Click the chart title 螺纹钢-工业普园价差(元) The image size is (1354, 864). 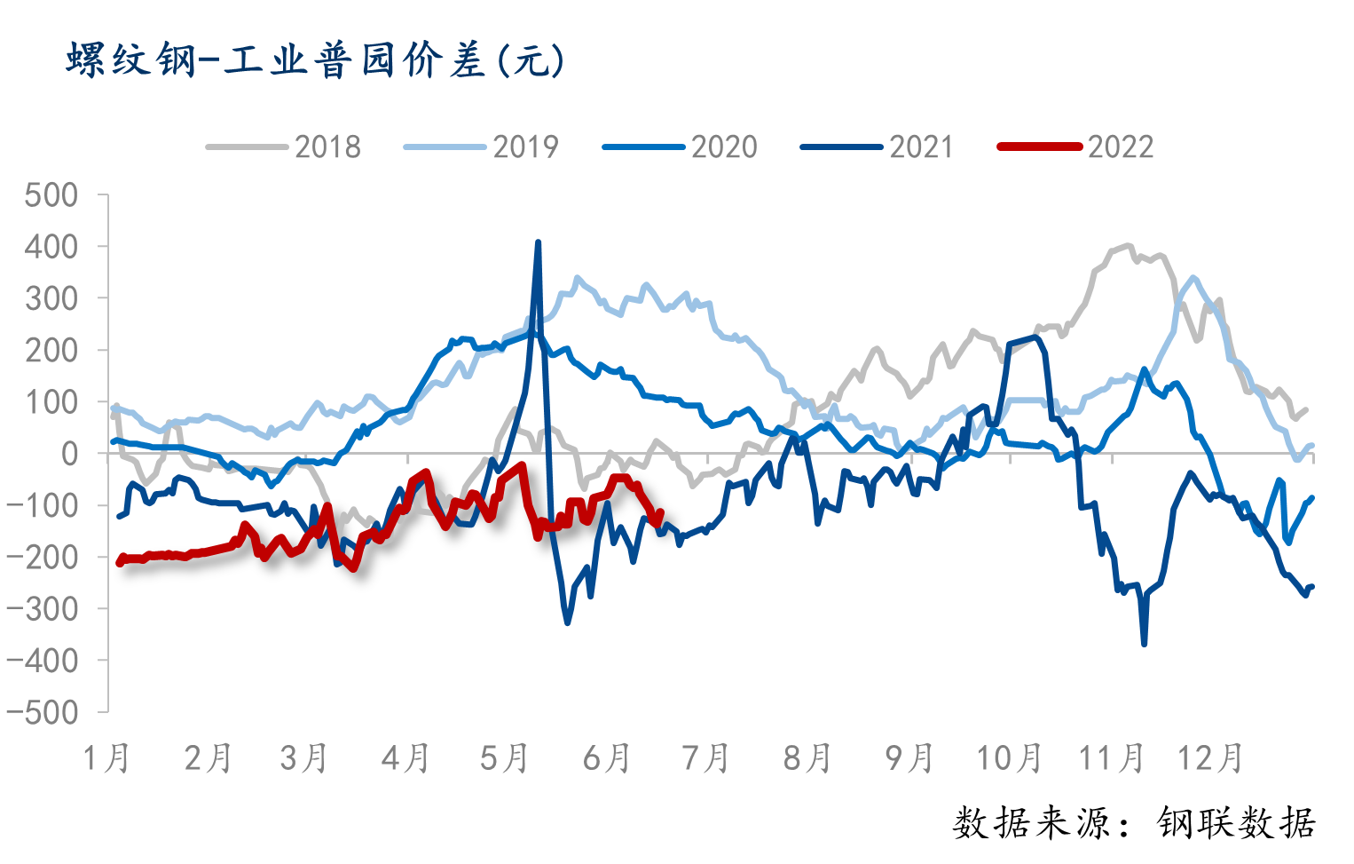315,61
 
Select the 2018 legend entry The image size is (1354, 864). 284,147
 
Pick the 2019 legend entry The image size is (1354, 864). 482,147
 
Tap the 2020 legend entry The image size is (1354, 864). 681,147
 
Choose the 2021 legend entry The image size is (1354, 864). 878,147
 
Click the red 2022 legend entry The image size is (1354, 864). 1077,147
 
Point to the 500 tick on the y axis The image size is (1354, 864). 51,195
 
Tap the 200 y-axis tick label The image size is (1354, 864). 51,351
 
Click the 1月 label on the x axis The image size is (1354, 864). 106,759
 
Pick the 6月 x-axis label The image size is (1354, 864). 607,759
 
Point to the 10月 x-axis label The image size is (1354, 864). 1009,759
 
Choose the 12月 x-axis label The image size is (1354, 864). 1210,759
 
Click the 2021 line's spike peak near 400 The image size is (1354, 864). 538,242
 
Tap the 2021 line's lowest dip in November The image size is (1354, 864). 1144,644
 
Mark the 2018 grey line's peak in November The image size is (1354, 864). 1129,246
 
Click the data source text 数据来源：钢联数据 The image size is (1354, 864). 1134,824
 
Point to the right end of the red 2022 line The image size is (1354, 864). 661,511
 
